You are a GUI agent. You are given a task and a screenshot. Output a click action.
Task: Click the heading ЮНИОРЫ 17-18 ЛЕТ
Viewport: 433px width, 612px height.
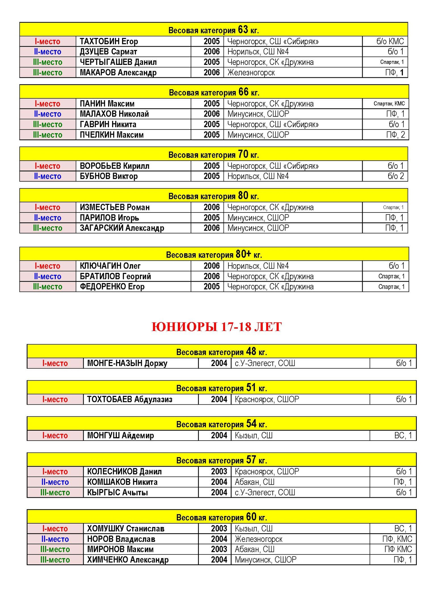tap(216, 327)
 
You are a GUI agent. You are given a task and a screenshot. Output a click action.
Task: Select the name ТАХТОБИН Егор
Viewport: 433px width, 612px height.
tap(109, 41)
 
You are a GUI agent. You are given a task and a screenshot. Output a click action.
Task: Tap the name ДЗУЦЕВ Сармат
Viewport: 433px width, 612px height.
tap(108, 52)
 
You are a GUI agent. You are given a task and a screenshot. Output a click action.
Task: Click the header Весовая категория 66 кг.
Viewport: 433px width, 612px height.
tap(214, 92)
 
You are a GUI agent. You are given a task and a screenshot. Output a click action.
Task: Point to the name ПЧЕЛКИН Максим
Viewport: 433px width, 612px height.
tap(112, 135)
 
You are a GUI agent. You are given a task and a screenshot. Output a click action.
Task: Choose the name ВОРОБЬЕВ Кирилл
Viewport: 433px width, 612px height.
tap(114, 166)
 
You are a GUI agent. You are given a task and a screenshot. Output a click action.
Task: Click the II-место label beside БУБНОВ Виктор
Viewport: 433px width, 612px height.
tap(48, 176)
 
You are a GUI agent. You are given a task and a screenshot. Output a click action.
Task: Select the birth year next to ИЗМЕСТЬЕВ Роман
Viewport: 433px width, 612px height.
tap(211, 207)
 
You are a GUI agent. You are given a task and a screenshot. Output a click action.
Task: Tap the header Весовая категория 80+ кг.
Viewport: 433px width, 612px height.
tap(214, 254)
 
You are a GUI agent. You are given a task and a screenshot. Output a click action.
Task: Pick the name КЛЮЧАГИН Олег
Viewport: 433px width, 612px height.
tap(110, 266)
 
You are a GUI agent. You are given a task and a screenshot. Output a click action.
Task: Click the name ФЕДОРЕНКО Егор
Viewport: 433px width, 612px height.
tap(112, 287)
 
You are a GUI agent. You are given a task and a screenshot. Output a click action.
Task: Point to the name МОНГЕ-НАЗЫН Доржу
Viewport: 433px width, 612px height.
tap(127, 363)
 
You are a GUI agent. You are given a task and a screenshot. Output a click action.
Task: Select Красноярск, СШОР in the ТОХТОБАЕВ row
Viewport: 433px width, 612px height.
tap(267, 399)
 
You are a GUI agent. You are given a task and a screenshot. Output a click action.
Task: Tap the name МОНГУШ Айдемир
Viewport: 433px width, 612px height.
tap(120, 435)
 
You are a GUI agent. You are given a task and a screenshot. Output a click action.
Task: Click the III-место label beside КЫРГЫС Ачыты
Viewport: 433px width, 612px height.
tap(55, 492)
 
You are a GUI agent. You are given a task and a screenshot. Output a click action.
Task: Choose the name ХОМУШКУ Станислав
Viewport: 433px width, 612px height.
tap(126, 529)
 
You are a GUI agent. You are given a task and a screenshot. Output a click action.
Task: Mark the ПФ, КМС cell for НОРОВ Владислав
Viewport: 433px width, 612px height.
tap(397, 539)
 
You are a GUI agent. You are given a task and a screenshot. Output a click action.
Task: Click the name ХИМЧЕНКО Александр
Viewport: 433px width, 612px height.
tap(128, 560)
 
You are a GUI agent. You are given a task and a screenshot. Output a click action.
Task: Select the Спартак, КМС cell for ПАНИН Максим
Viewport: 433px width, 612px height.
tap(389, 104)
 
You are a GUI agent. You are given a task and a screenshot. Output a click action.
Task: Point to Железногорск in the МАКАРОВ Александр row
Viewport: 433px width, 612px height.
tap(251, 73)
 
